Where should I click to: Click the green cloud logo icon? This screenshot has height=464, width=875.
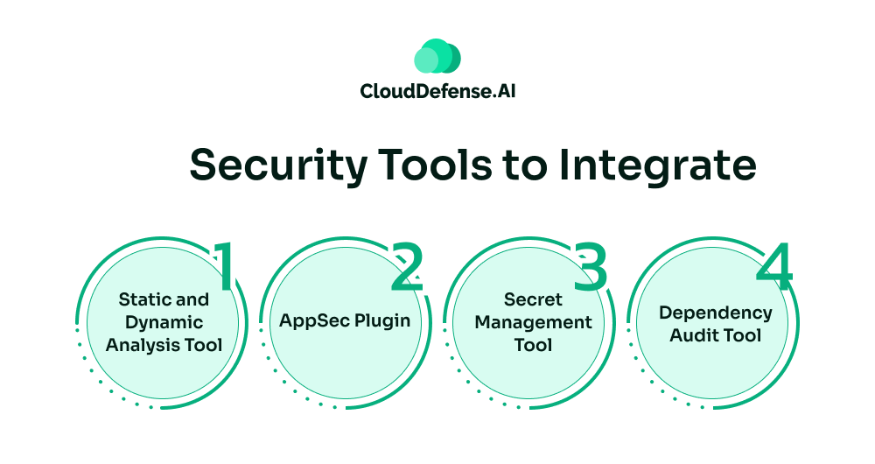tap(437, 56)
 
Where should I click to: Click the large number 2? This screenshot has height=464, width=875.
tap(407, 267)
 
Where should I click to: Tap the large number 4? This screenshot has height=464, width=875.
tap(774, 267)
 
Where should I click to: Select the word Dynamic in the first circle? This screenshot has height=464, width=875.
tap(164, 322)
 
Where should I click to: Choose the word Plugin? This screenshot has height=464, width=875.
tap(382, 321)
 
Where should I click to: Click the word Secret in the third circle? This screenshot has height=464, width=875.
tap(533, 299)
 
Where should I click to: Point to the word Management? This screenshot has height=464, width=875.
tap(533, 322)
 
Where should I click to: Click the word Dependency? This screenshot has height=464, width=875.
tap(716, 313)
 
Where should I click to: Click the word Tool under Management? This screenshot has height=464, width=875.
tap(533, 345)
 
